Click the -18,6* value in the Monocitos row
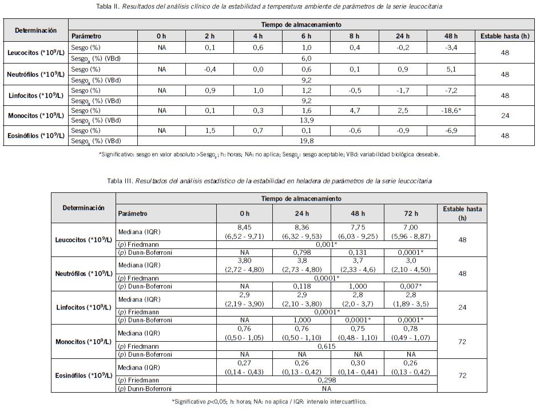coord(451,110)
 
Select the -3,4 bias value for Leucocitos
coord(451,47)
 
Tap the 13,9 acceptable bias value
coord(306,120)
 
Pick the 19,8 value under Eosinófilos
coord(306,140)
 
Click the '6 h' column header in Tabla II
coord(306,36)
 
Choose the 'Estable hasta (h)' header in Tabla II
coord(505,36)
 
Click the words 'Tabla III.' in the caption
coord(120,181)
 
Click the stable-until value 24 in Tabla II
coord(505,115)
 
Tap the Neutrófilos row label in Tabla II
coord(36,74)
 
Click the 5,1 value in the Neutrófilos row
coord(451,69)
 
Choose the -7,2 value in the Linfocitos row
coord(451,90)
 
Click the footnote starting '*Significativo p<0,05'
coord(269,401)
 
